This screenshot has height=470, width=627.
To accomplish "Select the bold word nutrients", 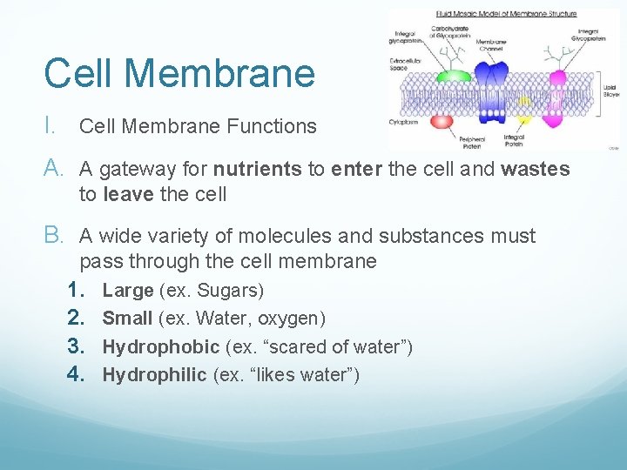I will (259, 169).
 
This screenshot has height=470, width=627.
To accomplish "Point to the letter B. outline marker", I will (56, 236).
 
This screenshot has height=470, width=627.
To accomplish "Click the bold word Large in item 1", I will (128, 290).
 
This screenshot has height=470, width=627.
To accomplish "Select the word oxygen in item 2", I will (289, 319).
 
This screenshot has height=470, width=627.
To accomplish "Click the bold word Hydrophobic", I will (161, 347).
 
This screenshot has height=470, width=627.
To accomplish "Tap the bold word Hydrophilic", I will (155, 375).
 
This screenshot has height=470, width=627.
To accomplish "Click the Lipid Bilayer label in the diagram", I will (610, 90).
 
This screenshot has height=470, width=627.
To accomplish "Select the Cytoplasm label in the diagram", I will (403, 123).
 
